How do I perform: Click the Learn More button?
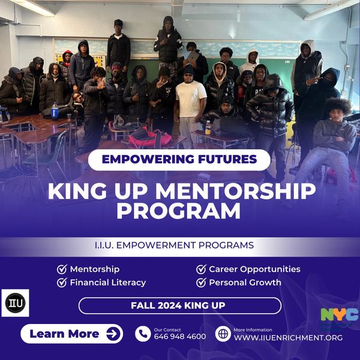point(71,334)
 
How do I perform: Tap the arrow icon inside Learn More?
point(113,334)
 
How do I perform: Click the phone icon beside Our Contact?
point(143,334)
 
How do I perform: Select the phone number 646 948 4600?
point(180,337)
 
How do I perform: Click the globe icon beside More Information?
point(223,334)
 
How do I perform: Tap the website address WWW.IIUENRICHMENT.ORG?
point(288,337)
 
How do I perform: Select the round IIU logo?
point(16,303)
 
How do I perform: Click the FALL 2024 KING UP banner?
point(180,305)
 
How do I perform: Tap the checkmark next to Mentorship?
point(62,269)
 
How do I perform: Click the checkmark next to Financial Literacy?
point(62,283)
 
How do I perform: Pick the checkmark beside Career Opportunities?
point(201,269)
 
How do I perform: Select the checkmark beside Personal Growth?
point(201,283)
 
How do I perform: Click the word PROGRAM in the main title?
point(179,211)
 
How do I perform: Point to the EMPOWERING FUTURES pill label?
point(179,160)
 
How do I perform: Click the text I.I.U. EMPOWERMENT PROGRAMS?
point(174,245)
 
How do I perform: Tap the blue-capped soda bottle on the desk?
point(55,111)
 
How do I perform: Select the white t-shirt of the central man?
point(190,98)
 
